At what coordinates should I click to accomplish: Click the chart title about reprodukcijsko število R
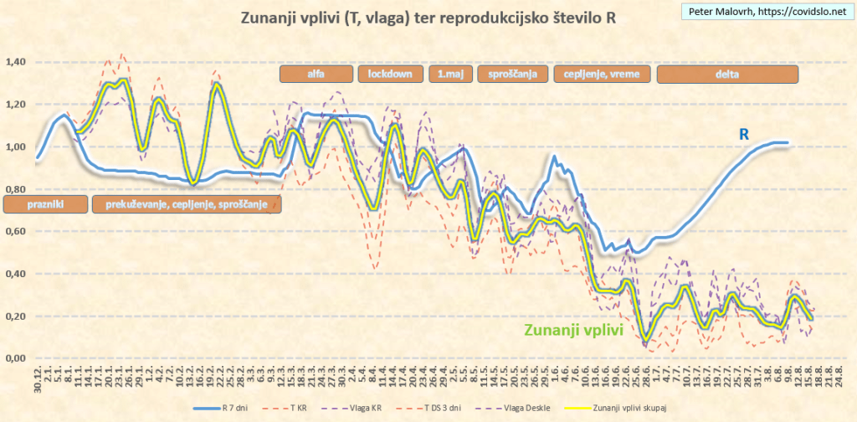click(428, 18)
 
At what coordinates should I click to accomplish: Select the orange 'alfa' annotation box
click(316, 74)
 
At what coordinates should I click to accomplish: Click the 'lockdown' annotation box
click(390, 74)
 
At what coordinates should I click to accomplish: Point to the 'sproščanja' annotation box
click(512, 74)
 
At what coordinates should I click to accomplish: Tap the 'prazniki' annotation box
click(45, 203)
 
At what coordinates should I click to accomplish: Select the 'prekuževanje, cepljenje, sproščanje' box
click(186, 203)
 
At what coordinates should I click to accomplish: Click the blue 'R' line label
click(743, 134)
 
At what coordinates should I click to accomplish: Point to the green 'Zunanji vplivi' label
click(572, 330)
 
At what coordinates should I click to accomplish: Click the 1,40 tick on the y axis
click(16, 62)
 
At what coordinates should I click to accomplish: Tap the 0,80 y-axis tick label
click(16, 190)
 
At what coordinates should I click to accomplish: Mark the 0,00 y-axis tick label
click(16, 358)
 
